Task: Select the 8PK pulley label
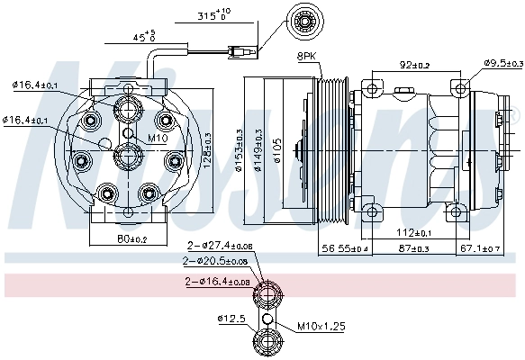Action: [308, 57]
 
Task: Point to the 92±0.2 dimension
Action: [415, 65]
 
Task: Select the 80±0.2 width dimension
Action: [132, 238]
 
